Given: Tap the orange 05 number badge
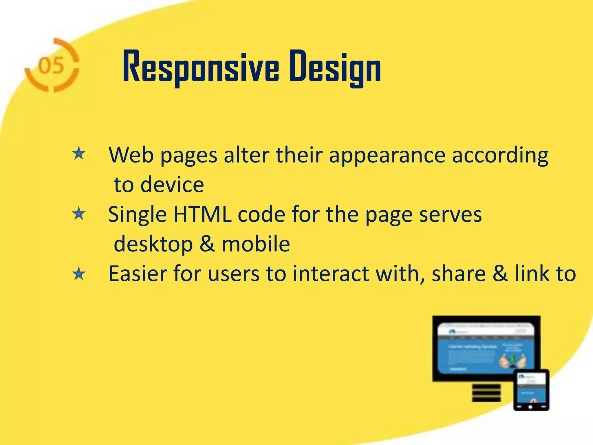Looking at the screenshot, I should click(52, 65).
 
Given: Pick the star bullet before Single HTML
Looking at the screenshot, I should click(79, 214).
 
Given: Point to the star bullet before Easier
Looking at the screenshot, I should click(79, 274).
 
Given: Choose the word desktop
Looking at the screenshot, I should click(153, 244).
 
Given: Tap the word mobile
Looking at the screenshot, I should click(256, 244).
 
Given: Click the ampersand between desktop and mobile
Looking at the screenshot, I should click(207, 244).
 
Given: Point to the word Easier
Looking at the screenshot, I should click(137, 273).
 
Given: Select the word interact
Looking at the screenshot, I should click(331, 273).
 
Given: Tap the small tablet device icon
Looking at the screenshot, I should click(531, 390).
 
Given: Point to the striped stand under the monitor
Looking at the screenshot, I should click(486, 393).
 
